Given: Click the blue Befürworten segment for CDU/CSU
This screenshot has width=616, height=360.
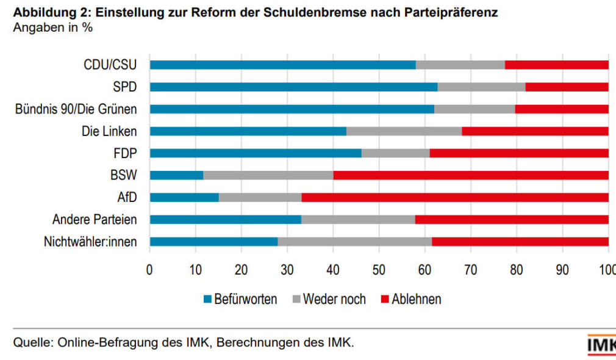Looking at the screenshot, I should (x=282, y=65).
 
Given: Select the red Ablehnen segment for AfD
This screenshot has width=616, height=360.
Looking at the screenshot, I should (x=455, y=197).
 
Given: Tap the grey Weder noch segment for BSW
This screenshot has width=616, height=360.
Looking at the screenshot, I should (x=268, y=175).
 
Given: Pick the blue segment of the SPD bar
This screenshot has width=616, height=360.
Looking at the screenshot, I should (x=293, y=87).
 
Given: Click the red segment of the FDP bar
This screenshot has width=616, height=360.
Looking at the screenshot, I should (x=519, y=153).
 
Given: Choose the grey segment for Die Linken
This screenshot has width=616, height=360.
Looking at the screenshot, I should (x=404, y=131).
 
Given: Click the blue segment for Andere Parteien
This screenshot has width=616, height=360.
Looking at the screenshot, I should (x=225, y=220).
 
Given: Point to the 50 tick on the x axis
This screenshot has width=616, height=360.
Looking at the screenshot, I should (x=379, y=269).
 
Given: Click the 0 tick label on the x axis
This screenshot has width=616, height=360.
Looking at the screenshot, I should (x=149, y=269).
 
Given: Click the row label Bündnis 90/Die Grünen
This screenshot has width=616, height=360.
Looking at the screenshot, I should (x=76, y=109).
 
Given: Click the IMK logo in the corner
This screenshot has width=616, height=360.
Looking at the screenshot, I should (x=601, y=345).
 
